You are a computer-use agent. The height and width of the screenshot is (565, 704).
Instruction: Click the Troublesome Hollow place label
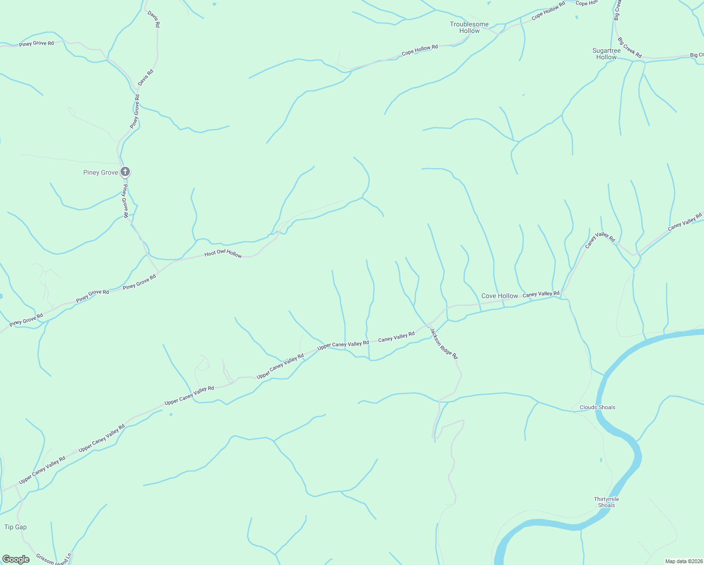(469, 27)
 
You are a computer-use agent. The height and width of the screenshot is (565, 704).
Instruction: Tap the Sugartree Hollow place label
(606, 54)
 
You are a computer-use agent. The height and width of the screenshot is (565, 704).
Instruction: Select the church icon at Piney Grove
(125, 172)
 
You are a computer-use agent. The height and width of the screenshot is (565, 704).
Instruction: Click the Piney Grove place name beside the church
(101, 173)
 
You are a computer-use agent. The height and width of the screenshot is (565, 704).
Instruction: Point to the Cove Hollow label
(499, 296)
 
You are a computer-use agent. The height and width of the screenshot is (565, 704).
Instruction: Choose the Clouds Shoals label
(597, 407)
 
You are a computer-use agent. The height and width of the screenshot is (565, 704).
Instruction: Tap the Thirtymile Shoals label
(606, 502)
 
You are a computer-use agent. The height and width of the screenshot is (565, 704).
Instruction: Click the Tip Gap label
(16, 527)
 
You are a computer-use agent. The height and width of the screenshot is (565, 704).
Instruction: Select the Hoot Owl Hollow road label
(223, 254)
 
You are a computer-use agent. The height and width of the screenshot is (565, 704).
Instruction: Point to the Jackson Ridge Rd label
(443, 344)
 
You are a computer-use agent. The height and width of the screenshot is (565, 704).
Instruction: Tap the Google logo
(16, 559)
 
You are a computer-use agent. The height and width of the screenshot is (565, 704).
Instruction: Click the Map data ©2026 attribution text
(683, 561)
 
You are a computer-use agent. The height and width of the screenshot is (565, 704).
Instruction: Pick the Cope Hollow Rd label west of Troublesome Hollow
(420, 50)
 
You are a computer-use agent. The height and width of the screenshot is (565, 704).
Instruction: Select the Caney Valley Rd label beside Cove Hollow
(541, 294)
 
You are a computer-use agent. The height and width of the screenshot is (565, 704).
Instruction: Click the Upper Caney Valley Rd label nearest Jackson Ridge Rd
(343, 344)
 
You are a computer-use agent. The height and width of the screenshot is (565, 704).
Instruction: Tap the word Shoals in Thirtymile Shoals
(606, 505)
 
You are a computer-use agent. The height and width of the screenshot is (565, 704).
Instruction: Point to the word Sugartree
(606, 50)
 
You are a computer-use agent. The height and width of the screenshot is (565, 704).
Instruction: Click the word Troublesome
(469, 24)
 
